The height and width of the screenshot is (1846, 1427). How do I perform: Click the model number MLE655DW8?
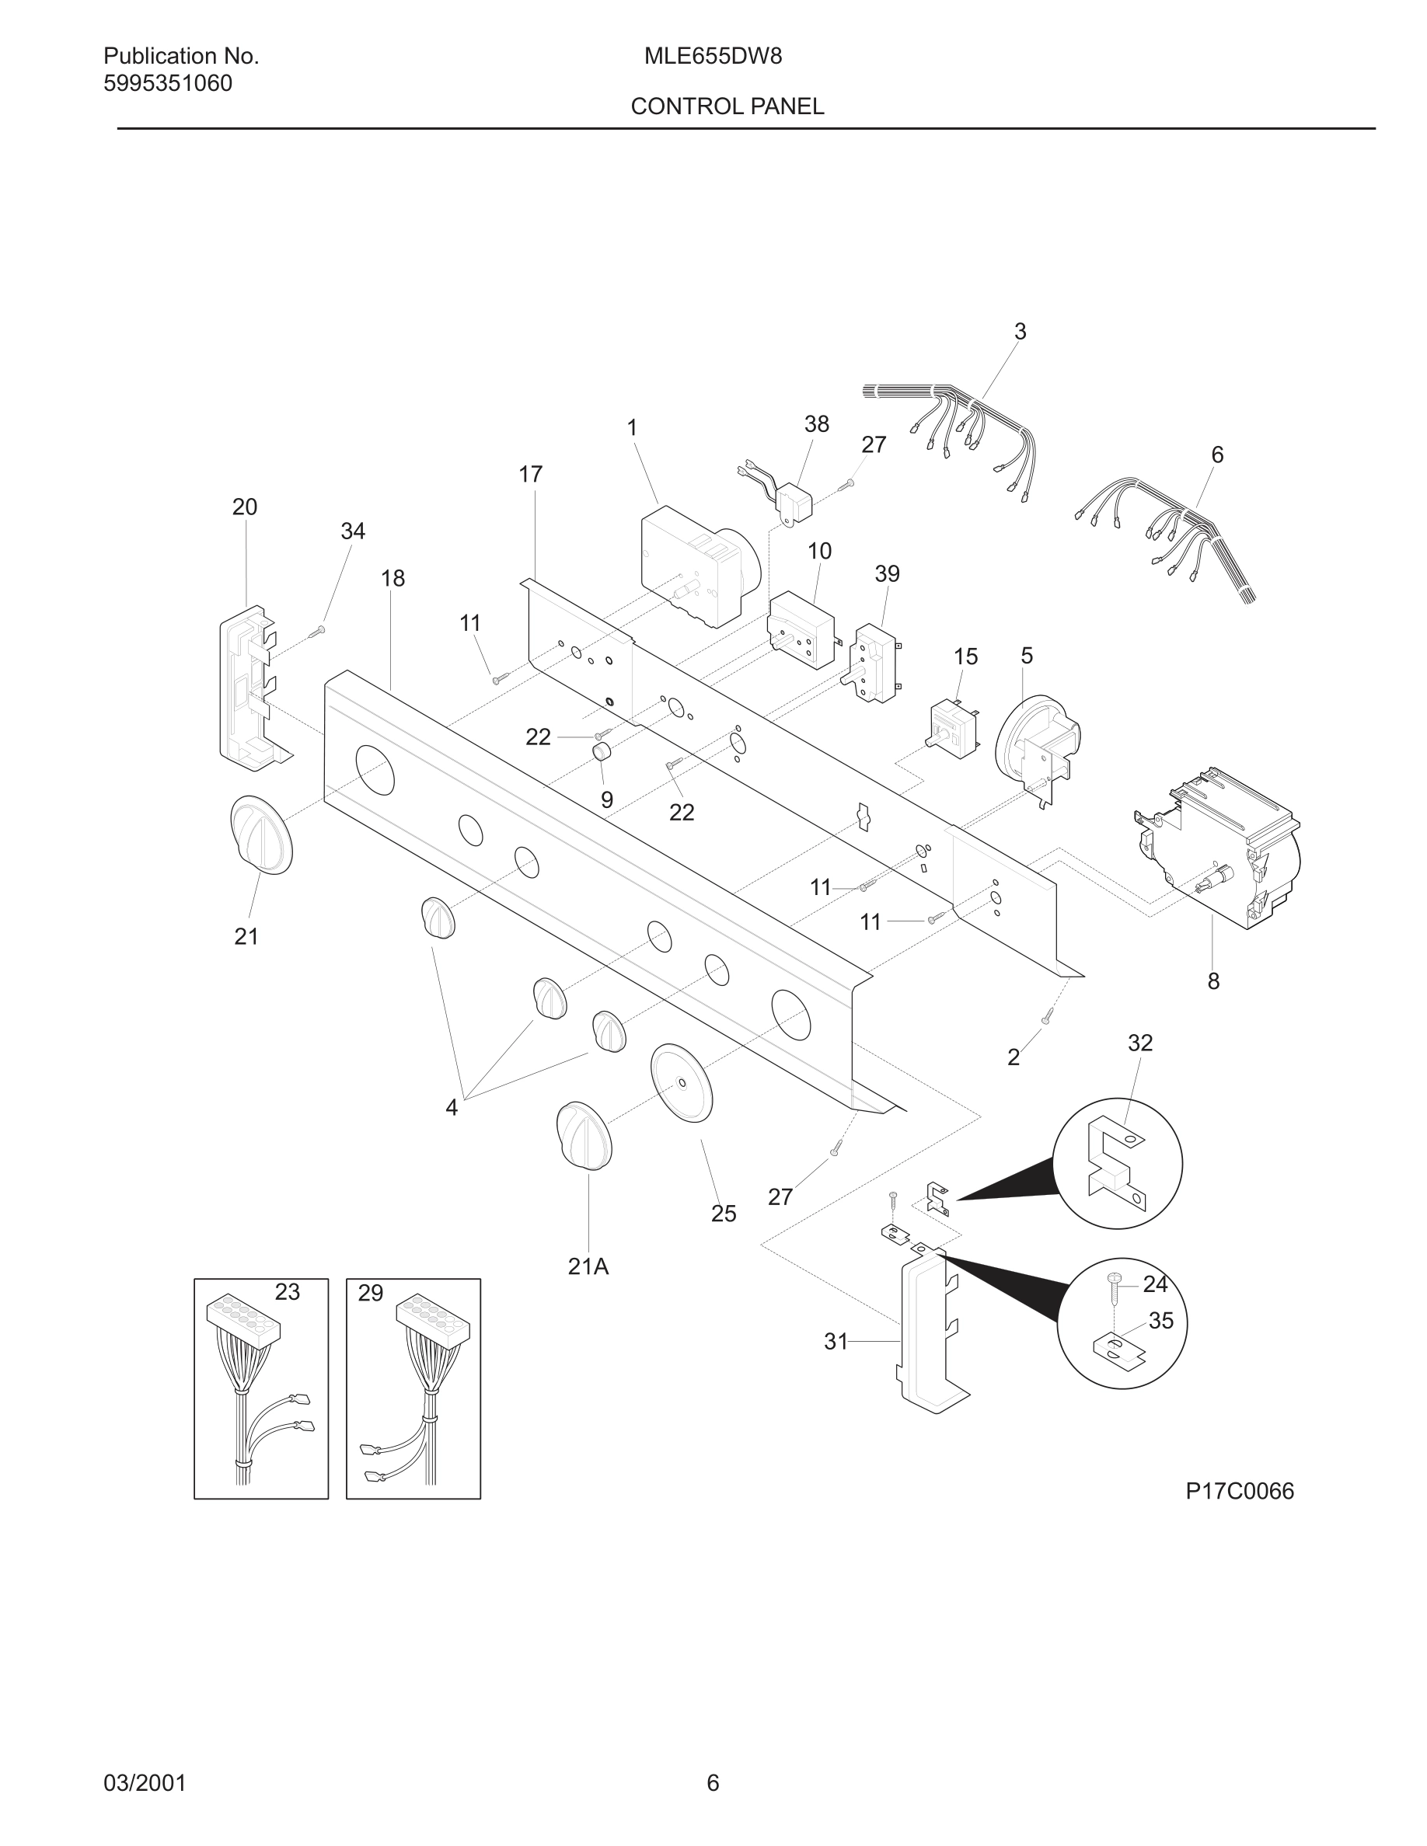tap(713, 57)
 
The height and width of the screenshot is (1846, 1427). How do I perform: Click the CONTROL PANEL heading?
tap(727, 106)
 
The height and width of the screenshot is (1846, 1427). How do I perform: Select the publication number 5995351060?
tap(167, 84)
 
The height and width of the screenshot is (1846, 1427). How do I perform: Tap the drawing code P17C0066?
tap(1240, 1491)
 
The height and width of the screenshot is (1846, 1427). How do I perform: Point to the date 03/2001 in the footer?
tap(145, 1783)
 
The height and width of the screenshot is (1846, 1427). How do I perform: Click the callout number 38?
tap(816, 424)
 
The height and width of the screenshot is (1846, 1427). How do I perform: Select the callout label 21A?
tap(588, 1266)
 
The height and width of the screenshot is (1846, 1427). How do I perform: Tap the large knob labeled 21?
tap(261, 834)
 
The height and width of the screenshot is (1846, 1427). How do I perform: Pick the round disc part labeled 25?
tap(682, 1083)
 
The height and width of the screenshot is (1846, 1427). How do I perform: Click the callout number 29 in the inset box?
tap(370, 1294)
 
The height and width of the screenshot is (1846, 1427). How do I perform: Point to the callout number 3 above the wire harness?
tap(1020, 333)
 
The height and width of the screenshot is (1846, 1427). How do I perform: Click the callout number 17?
tap(530, 475)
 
